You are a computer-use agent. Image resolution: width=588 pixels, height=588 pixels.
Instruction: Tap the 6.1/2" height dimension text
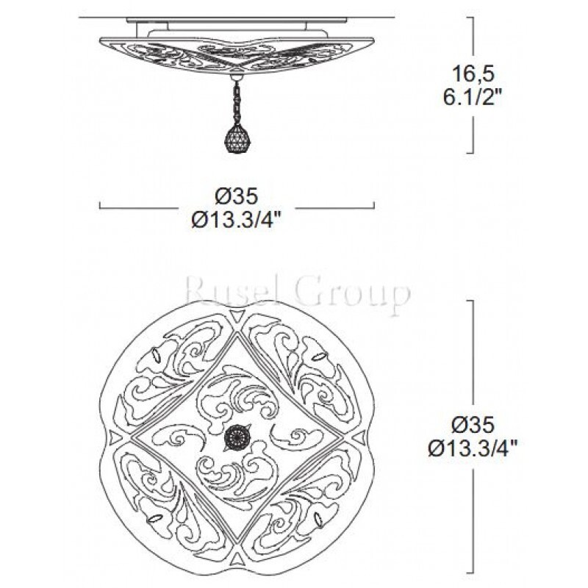[x=472, y=98]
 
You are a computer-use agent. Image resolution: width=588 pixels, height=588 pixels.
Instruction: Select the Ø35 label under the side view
[x=236, y=196]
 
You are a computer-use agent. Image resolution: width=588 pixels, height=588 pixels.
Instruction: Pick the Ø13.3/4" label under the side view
[x=236, y=221]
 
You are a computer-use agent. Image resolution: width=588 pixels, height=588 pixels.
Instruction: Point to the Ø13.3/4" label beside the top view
[x=473, y=449]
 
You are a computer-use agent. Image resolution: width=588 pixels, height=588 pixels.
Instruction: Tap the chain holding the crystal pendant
[x=236, y=102]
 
